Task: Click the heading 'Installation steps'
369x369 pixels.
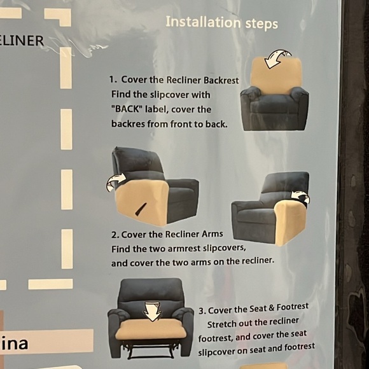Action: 221,23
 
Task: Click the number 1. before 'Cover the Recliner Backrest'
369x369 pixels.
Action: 113,80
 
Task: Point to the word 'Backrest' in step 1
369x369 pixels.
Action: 221,80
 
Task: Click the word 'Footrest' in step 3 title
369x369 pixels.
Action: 293,309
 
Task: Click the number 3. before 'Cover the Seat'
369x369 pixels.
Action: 202,311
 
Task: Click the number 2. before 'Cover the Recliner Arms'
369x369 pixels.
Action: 115,234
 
